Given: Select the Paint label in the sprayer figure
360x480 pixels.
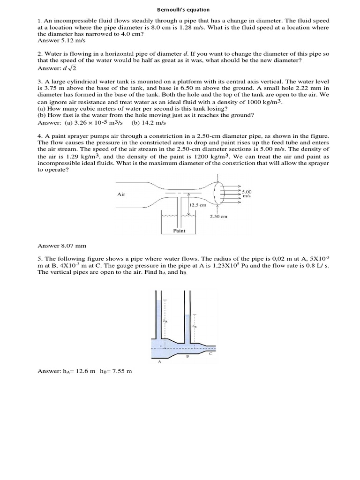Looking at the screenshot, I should click(x=179, y=231).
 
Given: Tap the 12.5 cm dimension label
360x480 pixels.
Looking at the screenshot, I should click(x=197, y=205).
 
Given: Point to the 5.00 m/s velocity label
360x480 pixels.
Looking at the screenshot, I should click(x=247, y=193).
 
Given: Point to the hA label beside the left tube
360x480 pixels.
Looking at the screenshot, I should click(x=164, y=321).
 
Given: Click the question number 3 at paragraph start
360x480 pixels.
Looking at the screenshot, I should click(x=39, y=81).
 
